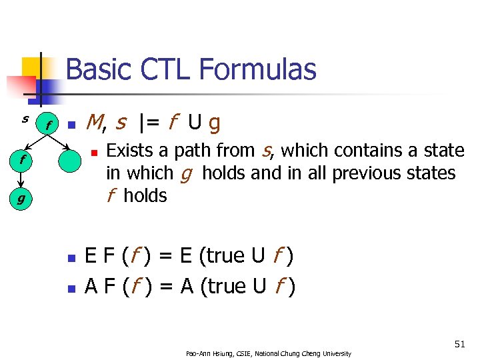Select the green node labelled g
(22, 198)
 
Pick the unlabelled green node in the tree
(69, 160)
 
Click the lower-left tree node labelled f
(22, 160)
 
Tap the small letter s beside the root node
(25, 119)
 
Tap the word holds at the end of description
(145, 196)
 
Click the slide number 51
(459, 344)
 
